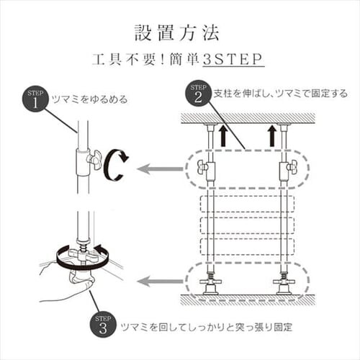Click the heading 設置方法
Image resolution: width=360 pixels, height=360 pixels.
180,33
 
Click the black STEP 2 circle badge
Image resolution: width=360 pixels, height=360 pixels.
197,93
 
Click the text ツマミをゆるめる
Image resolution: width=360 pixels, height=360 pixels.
87,99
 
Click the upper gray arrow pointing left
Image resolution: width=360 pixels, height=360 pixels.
159,170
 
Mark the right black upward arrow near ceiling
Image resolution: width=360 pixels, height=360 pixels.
272,134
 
